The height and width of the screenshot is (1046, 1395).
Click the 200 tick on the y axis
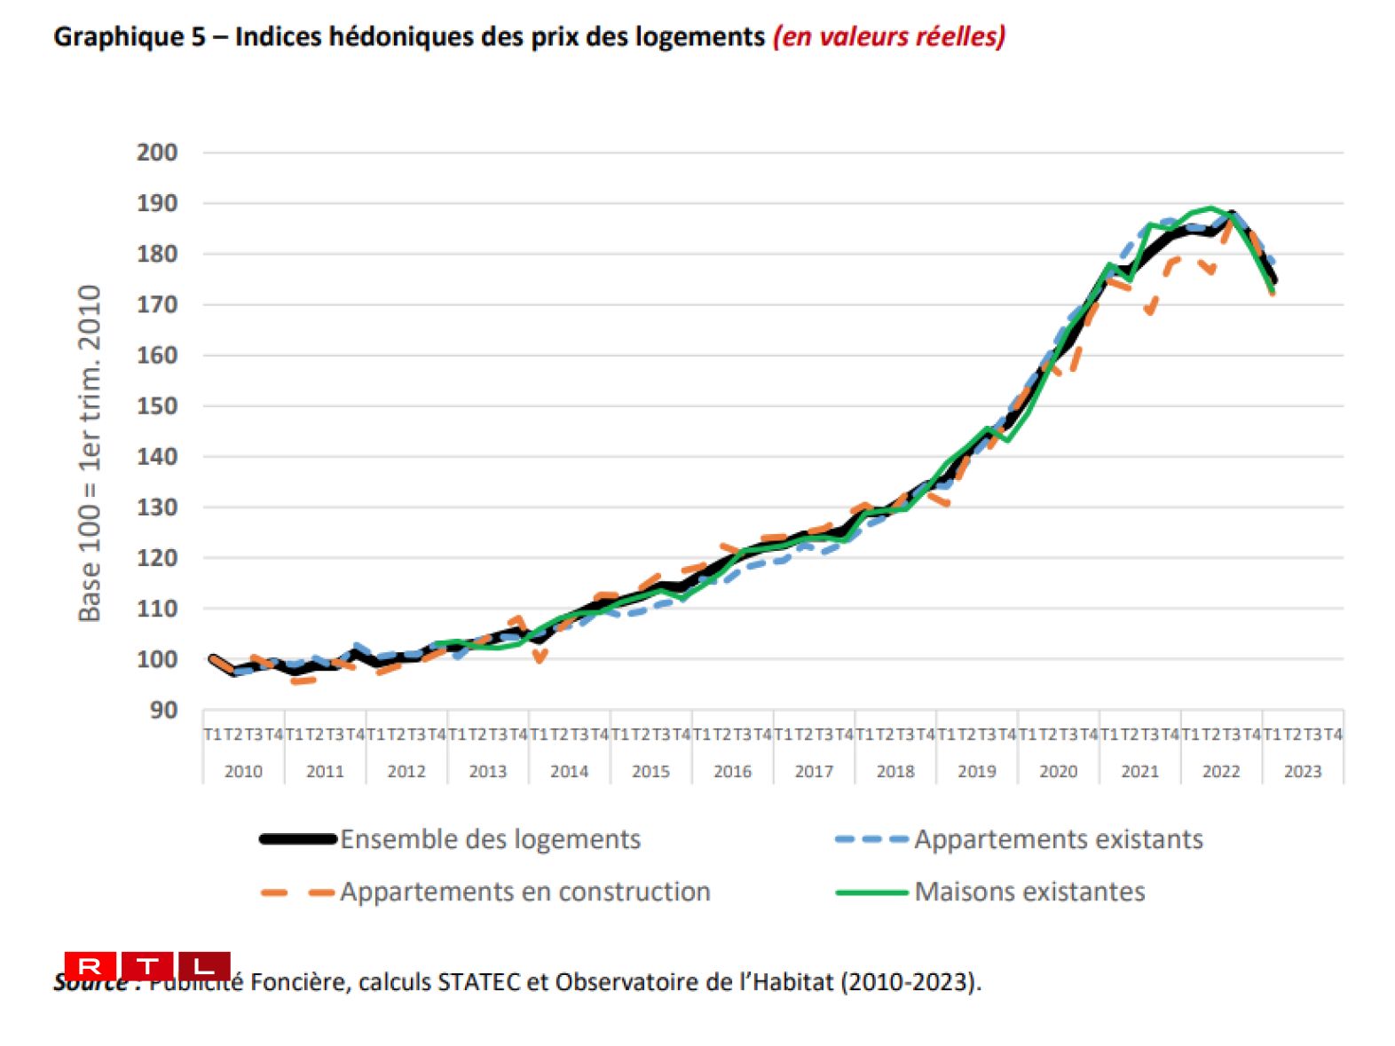click(x=157, y=153)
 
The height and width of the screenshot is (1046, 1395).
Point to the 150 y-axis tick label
click(x=157, y=406)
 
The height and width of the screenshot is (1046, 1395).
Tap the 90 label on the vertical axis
click(x=163, y=711)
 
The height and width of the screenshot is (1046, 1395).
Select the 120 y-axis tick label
click(x=157, y=558)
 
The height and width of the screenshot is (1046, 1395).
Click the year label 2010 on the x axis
click(x=243, y=772)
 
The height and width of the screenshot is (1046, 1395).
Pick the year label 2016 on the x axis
click(x=732, y=772)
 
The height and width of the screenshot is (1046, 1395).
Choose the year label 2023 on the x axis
click(x=1303, y=772)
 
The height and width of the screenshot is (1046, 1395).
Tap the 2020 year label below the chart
click(x=1058, y=772)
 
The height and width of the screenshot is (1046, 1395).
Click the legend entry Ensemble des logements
click(x=490, y=839)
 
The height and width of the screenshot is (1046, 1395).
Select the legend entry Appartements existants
click(x=1058, y=839)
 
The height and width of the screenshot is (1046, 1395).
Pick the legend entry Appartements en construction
click(x=524, y=892)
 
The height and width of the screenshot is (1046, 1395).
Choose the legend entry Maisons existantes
click(x=1029, y=892)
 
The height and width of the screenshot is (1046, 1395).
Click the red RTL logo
click(x=147, y=965)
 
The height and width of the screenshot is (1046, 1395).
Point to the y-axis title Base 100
click(x=90, y=453)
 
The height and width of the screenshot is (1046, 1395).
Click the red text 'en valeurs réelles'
click(x=889, y=37)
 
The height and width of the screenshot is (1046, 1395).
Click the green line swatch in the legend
click(x=871, y=893)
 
